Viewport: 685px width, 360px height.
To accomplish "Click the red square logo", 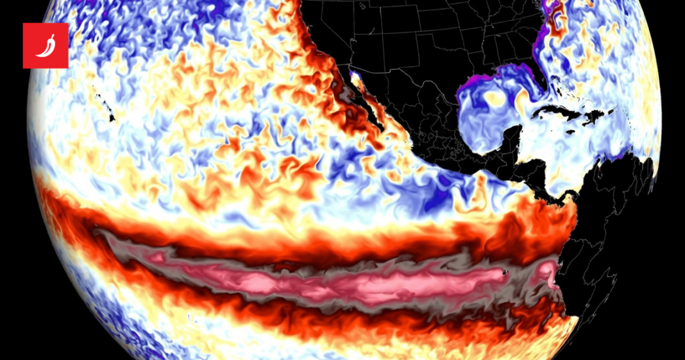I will pyautogui.click(x=46, y=46).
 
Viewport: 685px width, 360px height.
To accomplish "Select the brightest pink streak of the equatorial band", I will pyautogui.click(x=385, y=282).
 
